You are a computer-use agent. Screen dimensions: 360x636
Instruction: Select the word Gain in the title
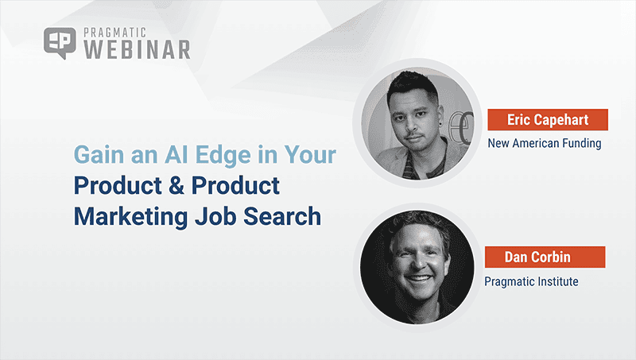[96, 155]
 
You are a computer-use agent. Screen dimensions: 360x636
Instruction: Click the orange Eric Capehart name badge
[547, 120]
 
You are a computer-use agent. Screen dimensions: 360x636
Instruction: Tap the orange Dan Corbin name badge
[545, 257]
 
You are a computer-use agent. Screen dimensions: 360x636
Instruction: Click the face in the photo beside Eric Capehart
[414, 120]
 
